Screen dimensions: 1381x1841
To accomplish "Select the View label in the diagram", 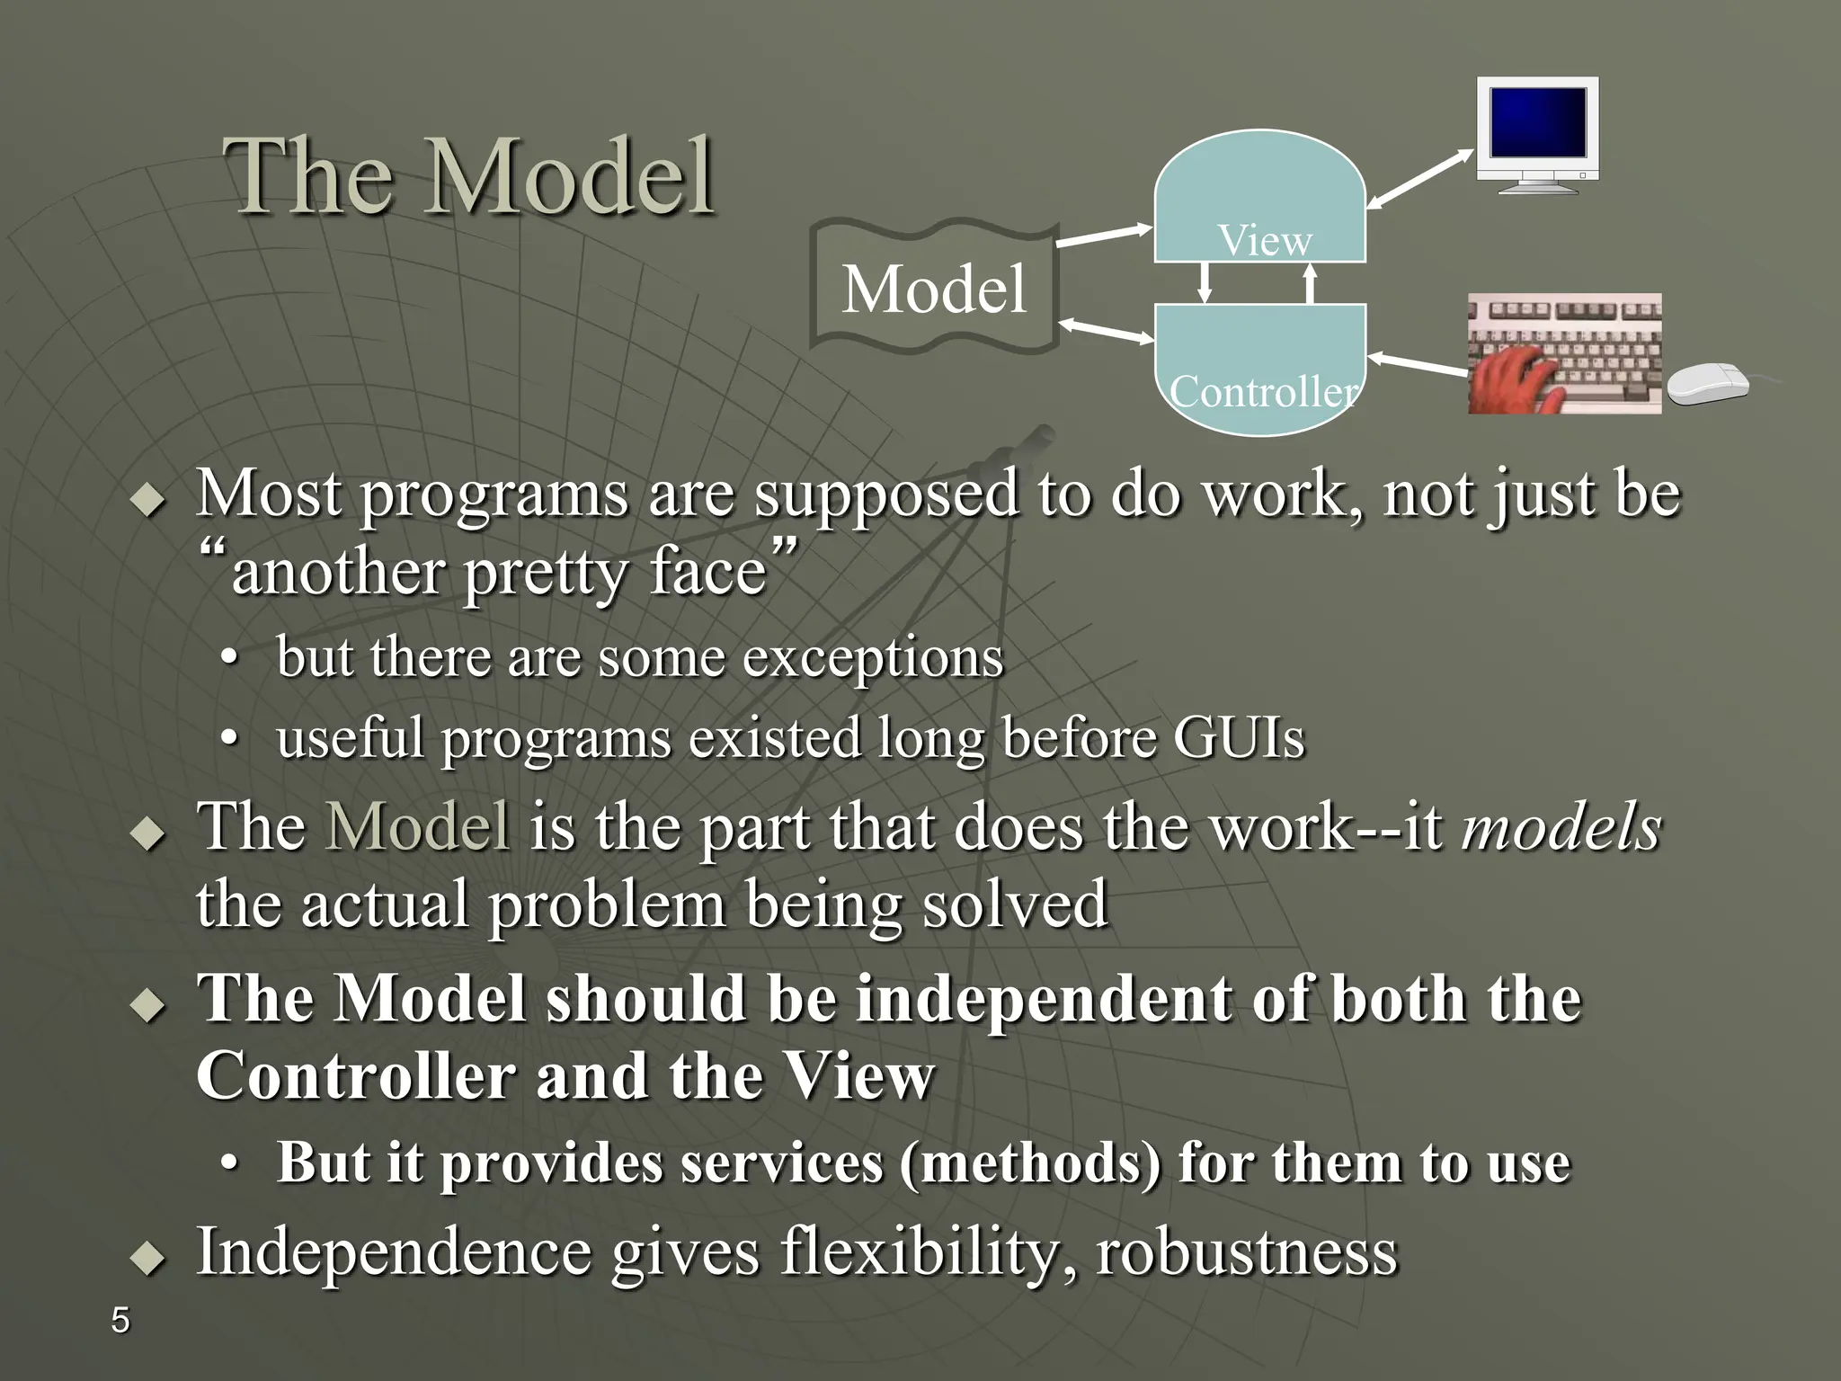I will pyautogui.click(x=1264, y=240).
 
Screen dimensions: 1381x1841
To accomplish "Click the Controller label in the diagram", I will pyautogui.click(x=1262, y=391).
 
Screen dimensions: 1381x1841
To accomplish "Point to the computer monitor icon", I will pyautogui.click(x=1537, y=135).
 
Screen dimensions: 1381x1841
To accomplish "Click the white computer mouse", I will pyautogui.click(x=1707, y=384).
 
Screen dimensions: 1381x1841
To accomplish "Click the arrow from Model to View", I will pyautogui.click(x=1103, y=236).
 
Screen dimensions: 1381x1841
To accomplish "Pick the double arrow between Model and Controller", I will pyautogui.click(x=1106, y=331).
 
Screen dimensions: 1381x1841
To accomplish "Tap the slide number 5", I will pyautogui.click(x=120, y=1321).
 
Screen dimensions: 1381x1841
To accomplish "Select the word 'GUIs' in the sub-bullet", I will pyautogui.click(x=1238, y=738).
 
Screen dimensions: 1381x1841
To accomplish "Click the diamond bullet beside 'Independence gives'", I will pyautogui.click(x=148, y=1256).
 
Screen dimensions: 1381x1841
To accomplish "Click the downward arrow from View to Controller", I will pyautogui.click(x=1205, y=282).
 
